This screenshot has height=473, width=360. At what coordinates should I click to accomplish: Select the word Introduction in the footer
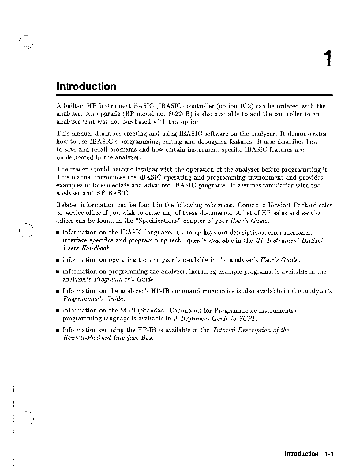coord(301,454)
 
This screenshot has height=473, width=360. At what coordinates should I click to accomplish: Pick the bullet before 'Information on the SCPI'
coord(58,311)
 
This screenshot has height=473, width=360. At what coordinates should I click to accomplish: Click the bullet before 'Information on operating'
coord(58,260)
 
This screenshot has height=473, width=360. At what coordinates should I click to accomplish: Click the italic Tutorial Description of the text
coord(251,330)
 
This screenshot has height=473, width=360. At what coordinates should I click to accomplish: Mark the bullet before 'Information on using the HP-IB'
coord(58,331)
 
